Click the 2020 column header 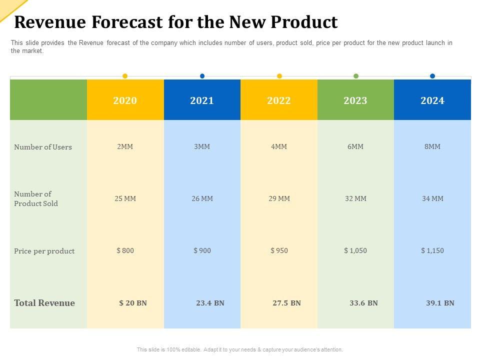pyautogui.click(x=125, y=100)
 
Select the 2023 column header pyautogui.click(x=355, y=100)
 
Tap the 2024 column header pyautogui.click(x=432, y=100)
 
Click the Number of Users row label pyautogui.click(x=43, y=147)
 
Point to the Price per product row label pyautogui.click(x=44, y=251)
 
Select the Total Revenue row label pyautogui.click(x=44, y=303)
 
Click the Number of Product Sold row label pyautogui.click(x=36, y=198)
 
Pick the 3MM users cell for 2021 pyautogui.click(x=202, y=146)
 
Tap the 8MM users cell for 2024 pyautogui.click(x=432, y=146)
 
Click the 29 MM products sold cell pyautogui.click(x=279, y=198)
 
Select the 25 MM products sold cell pyautogui.click(x=125, y=198)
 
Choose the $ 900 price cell pyautogui.click(x=202, y=250)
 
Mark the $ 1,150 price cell pyautogui.click(x=432, y=250)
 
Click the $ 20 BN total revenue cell pyautogui.click(x=133, y=303)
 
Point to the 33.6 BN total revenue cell pyautogui.click(x=363, y=303)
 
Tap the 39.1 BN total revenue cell pyautogui.click(x=440, y=303)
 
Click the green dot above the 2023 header pyautogui.click(x=356, y=76)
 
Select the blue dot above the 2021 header pyautogui.click(x=202, y=76)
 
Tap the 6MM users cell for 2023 pyautogui.click(x=355, y=146)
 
